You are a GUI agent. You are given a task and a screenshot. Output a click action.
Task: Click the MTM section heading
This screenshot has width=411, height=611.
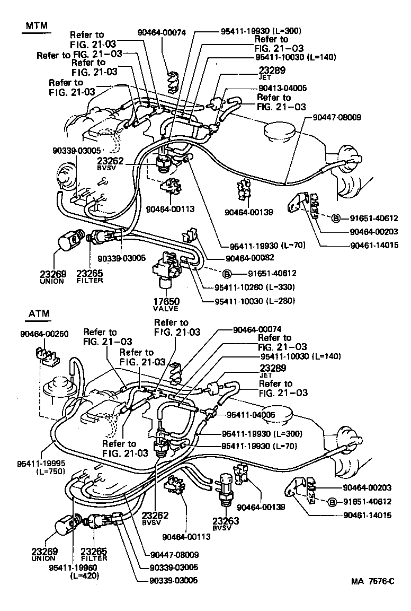point(33,26)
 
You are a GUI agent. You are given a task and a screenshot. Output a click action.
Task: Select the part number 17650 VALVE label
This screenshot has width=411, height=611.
point(166,304)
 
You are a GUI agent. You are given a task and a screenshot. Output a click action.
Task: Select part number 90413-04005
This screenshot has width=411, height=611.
point(283,89)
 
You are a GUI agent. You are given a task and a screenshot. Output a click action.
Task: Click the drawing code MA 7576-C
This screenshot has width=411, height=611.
point(372,581)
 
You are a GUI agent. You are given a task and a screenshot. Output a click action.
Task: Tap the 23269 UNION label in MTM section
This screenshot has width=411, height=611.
point(52,277)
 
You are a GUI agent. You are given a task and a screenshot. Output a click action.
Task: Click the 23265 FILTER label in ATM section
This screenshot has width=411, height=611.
point(94,554)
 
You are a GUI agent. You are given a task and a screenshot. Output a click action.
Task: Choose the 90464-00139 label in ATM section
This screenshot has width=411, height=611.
point(261,507)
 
